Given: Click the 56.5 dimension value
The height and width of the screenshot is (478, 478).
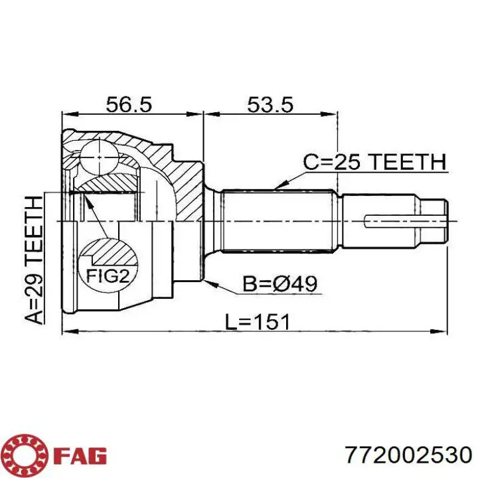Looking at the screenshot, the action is coord(129,105).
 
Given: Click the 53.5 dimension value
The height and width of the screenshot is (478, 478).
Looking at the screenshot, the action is coord(270,105).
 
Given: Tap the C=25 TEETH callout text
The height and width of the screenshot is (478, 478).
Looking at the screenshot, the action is coord(374,161).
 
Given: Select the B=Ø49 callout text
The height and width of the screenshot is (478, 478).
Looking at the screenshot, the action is coord(280,284).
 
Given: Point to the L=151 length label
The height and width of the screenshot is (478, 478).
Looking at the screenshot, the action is coord(257,322).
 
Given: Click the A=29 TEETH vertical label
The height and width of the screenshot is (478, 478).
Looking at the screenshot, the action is coord(34,260).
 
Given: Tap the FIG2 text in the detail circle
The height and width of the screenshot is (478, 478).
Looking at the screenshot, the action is coord(108,276).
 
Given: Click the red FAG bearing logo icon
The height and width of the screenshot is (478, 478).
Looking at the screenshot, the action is coord(26,456).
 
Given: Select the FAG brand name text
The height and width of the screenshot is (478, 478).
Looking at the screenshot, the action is coord(80,456).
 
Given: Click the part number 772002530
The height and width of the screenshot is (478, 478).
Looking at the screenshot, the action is coord(408,455).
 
